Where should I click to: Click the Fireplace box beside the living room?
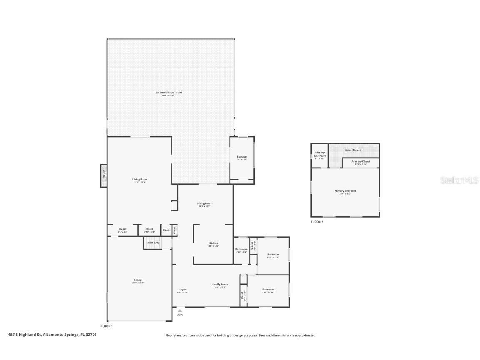pyautogui.click(x=103, y=175)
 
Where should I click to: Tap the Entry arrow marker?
pyautogui.click(x=180, y=310)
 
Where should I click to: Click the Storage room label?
pyautogui.click(x=242, y=157)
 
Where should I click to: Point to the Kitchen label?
pyautogui.click(x=213, y=243)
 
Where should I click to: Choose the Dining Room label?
pyautogui.click(x=204, y=203)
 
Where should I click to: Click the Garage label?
pyautogui.click(x=138, y=280)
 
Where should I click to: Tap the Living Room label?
pyautogui.click(x=140, y=180)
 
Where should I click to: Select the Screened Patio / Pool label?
pyautogui.click(x=169, y=92)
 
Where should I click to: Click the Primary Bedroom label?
pyautogui.click(x=345, y=191)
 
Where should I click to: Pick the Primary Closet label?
pyautogui.click(x=360, y=161)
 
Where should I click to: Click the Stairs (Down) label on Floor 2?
pyautogui.click(x=352, y=150)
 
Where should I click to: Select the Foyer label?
pyautogui.click(x=182, y=290)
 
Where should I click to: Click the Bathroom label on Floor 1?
pyautogui.click(x=241, y=249)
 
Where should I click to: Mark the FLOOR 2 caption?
pyautogui.click(x=317, y=222)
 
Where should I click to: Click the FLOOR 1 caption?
pyautogui.click(x=107, y=326)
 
